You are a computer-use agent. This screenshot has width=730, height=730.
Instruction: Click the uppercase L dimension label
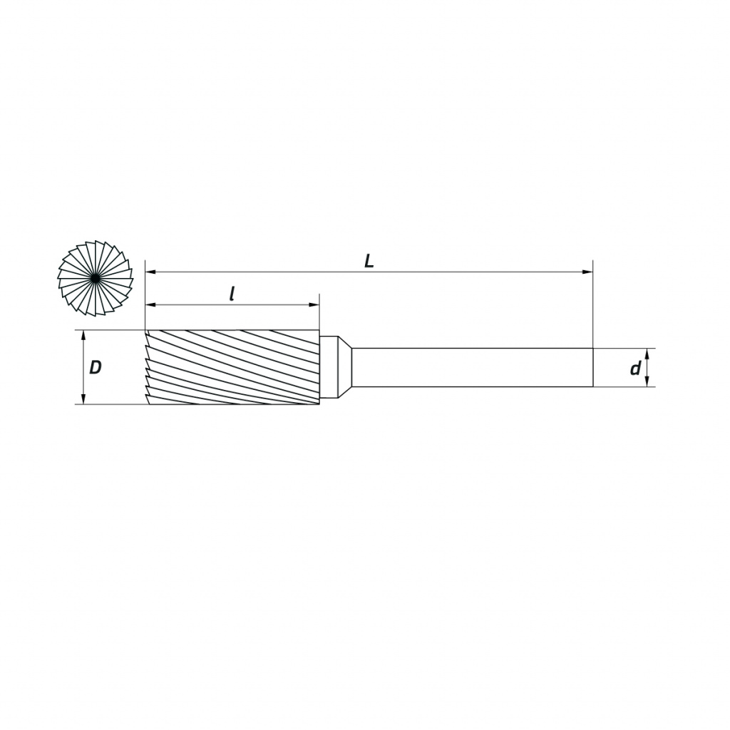pyautogui.click(x=369, y=261)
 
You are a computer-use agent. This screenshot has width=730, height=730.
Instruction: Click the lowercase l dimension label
pyautogui.click(x=232, y=294)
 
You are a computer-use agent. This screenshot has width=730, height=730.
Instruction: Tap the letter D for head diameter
pyautogui.click(x=96, y=368)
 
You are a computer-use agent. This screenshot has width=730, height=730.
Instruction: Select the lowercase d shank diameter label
pyautogui.click(x=635, y=369)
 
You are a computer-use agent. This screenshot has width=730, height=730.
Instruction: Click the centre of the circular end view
pyautogui.click(x=96, y=279)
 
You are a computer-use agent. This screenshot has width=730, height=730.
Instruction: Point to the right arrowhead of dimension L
pyautogui.click(x=588, y=272)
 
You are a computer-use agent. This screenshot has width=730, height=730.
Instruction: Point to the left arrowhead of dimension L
pyautogui.click(x=150, y=272)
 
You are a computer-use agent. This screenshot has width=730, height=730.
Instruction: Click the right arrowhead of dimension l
pyautogui.click(x=314, y=305)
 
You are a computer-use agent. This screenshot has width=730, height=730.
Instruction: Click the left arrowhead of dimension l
pyautogui.click(x=150, y=305)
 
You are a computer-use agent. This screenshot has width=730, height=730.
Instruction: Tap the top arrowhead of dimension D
pyautogui.click(x=83, y=336)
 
